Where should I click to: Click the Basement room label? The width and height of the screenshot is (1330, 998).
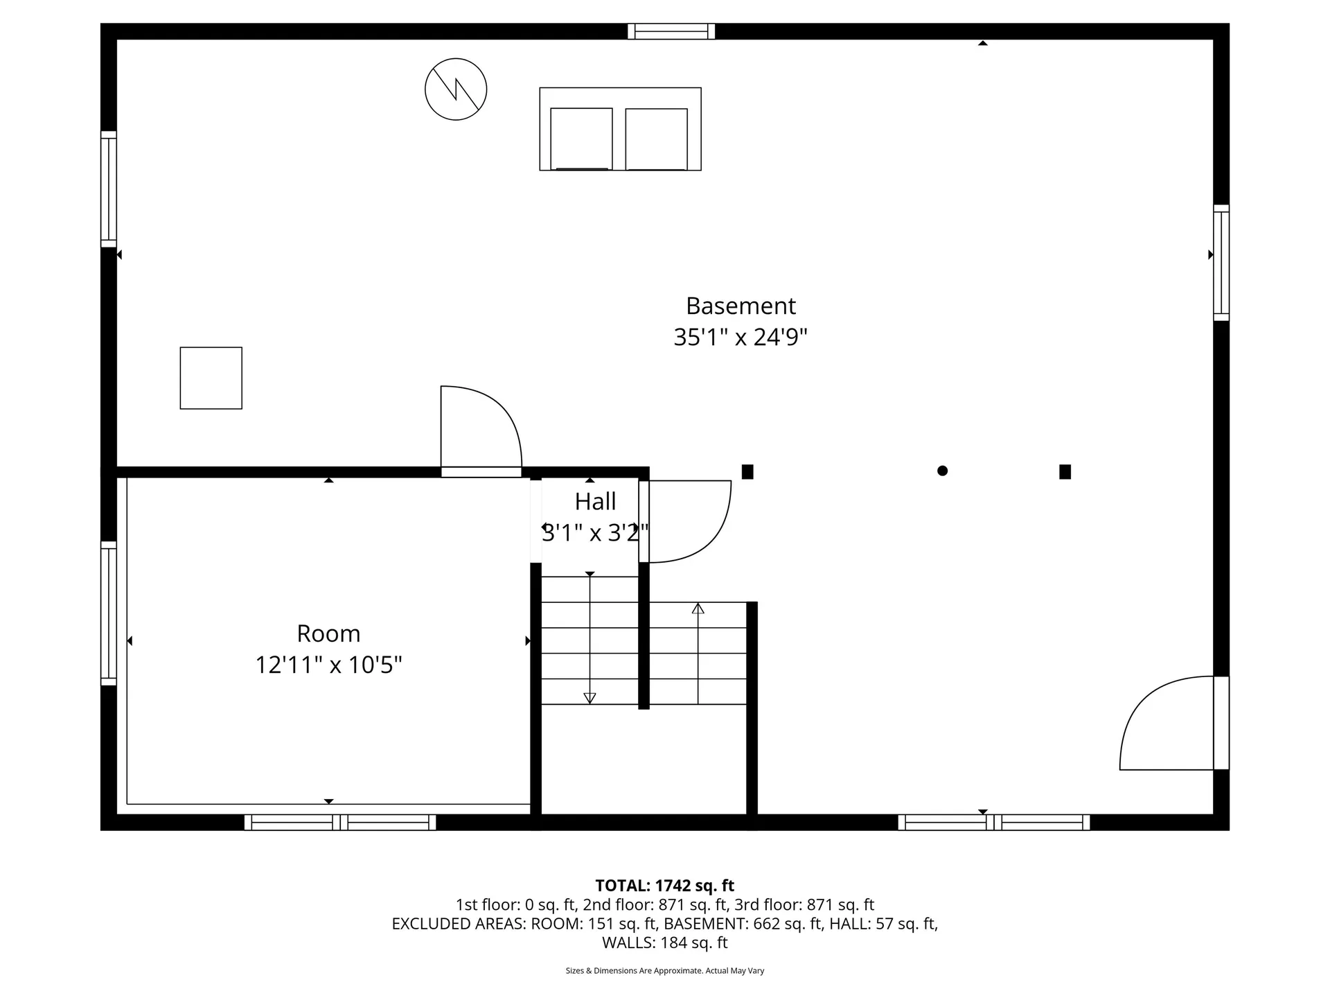741,306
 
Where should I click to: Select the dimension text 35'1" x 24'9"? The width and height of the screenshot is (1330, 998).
741,338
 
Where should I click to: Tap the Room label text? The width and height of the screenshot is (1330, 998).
328,633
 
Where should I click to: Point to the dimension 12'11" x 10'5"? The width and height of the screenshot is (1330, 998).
328,665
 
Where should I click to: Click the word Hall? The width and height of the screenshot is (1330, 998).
595,501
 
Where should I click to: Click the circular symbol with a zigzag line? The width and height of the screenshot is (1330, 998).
456,89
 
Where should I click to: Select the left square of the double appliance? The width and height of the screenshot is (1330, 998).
581,139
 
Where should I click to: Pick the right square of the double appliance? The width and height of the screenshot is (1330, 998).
656,139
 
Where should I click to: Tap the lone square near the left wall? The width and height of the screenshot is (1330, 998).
211,378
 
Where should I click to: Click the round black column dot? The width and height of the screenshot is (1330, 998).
942,471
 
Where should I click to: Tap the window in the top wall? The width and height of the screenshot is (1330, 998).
671,31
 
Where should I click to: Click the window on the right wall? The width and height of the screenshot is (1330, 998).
1221,263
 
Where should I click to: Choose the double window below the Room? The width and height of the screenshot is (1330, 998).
340,823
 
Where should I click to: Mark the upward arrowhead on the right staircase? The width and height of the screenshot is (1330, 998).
698,609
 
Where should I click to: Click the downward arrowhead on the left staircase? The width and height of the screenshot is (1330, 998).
589,698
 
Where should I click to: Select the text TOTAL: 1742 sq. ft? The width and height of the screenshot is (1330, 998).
664,886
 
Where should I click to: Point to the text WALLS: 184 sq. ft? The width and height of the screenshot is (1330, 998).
664,943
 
